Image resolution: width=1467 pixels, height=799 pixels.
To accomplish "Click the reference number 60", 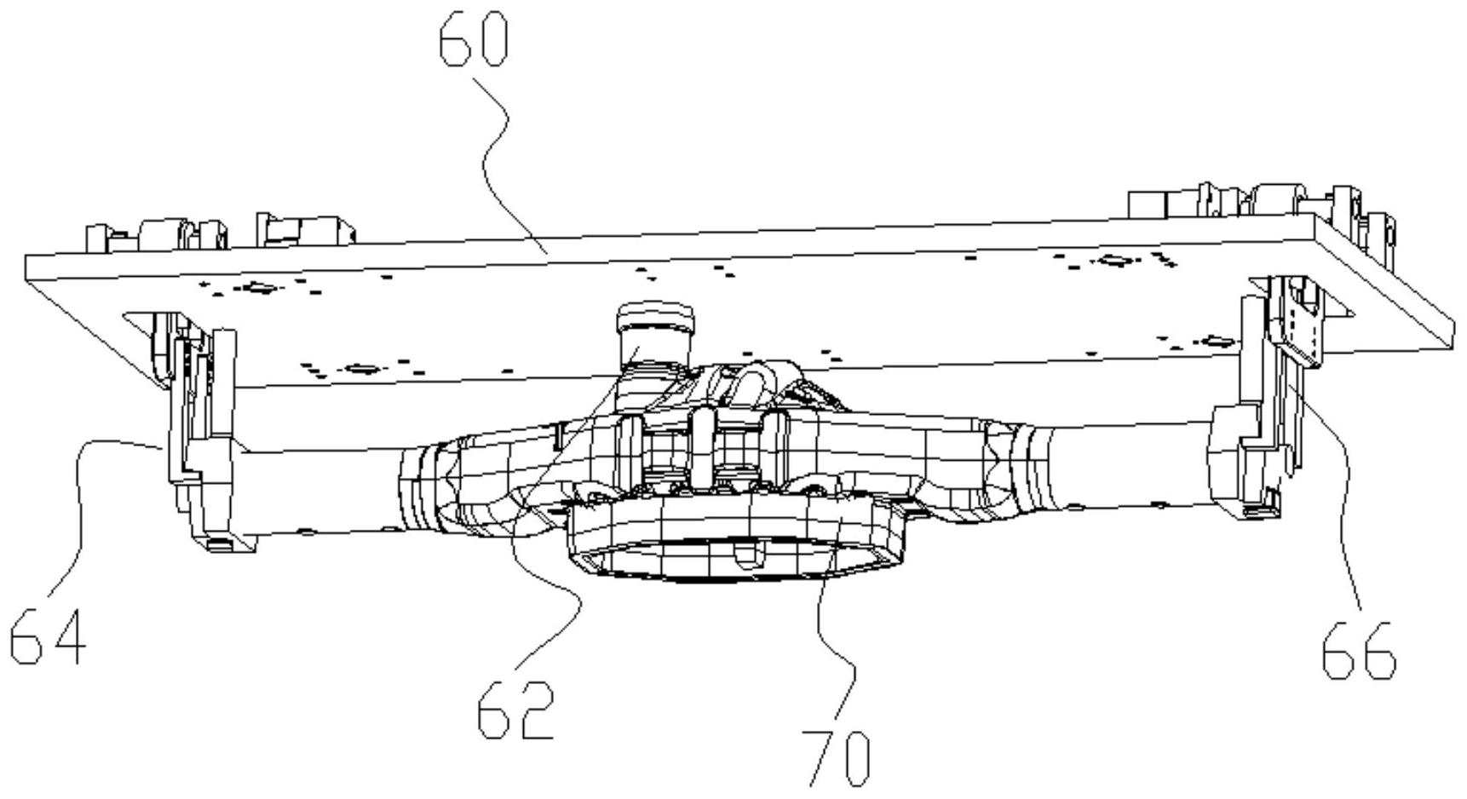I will (x=474, y=40).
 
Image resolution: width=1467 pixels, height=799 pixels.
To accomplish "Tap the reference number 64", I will (x=48, y=636).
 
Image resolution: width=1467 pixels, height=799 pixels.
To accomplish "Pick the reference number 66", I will (x=1358, y=650).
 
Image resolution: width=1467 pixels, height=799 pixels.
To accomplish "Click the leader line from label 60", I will (x=494, y=153).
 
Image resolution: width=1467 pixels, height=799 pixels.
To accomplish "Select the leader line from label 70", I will (x=831, y=630).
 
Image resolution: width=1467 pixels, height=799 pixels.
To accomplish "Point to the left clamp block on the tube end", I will (x=209, y=486).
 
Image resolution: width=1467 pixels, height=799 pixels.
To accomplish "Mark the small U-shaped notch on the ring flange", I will (x=747, y=556).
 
